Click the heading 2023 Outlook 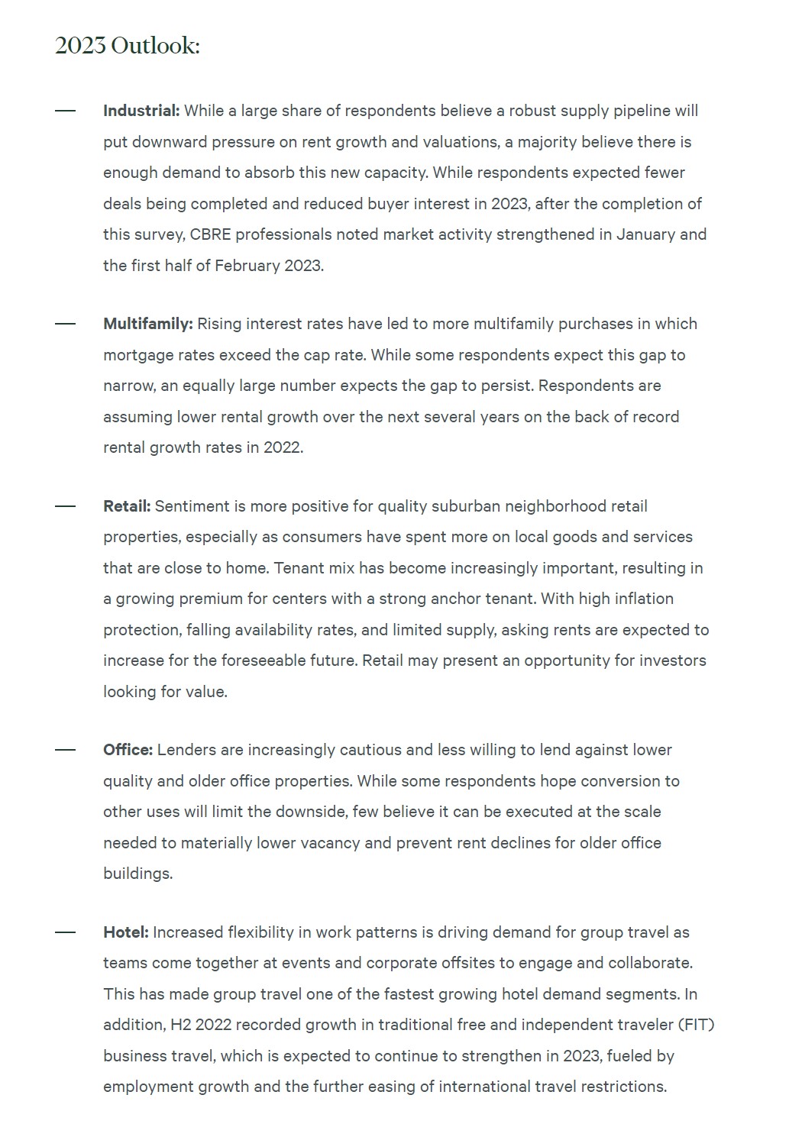coord(127,46)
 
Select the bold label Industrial coord(141,111)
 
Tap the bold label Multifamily coord(147,324)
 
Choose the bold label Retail coord(127,506)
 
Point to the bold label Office coord(128,750)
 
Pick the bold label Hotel coord(126,932)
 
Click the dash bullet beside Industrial coord(66,111)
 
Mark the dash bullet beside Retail coord(66,506)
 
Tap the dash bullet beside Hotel coord(66,932)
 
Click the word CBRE coord(210,234)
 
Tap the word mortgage coord(137,355)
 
